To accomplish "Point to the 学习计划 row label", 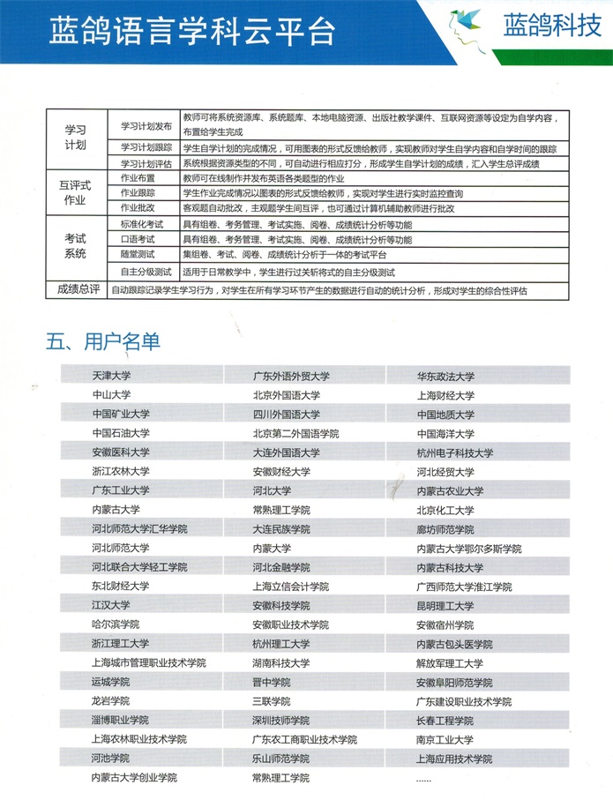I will click(76, 136).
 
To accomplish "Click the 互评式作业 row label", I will click(76, 192).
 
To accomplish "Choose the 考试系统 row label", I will click(76, 246).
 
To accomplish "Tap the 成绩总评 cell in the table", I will click(76, 289).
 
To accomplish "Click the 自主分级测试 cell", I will click(143, 272).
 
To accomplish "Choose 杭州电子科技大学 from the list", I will click(454, 452).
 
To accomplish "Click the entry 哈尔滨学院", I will click(111, 624).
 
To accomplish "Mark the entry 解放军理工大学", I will click(450, 663).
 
